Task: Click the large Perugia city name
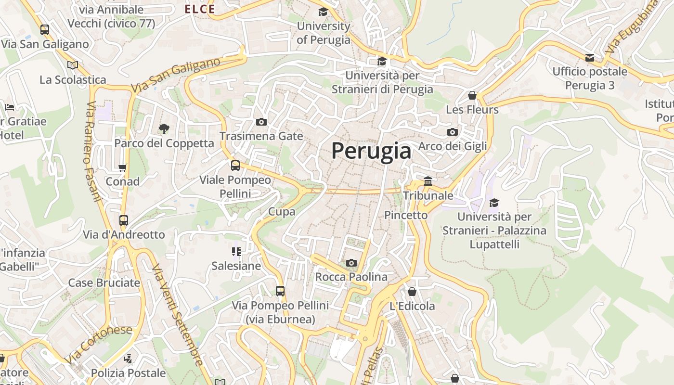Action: tap(371, 151)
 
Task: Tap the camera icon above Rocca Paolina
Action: tap(351, 263)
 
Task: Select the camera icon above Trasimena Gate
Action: tap(261, 122)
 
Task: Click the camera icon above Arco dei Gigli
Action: tap(452, 132)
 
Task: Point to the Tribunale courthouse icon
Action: tap(428, 181)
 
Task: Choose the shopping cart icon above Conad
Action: tap(122, 168)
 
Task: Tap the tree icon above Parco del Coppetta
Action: tap(164, 128)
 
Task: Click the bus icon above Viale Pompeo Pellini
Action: tap(235, 166)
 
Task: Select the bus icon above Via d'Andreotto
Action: tap(124, 220)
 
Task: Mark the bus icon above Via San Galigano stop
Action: tap(45, 30)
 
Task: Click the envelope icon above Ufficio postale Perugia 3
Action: tap(590, 58)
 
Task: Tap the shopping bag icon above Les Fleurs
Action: tap(472, 95)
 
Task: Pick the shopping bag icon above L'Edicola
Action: tap(412, 292)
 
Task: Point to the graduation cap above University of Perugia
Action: tap(323, 12)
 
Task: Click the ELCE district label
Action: tap(200, 9)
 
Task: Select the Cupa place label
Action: tap(282, 211)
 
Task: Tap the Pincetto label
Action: tap(406, 215)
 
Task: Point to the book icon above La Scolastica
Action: tap(73, 65)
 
